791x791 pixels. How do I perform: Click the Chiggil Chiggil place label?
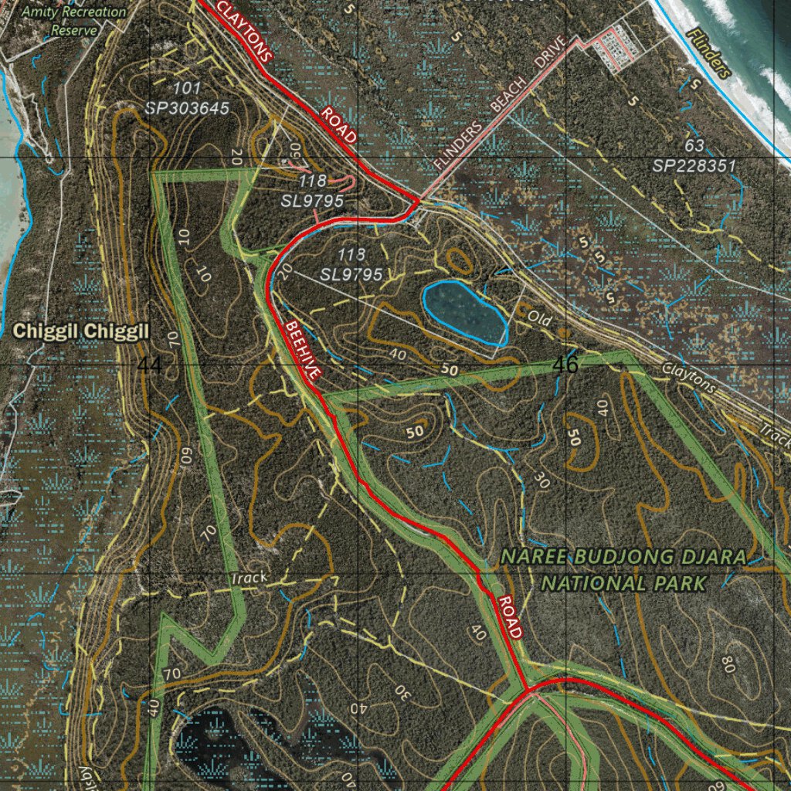(x=80, y=332)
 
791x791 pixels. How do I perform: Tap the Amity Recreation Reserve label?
(x=74, y=21)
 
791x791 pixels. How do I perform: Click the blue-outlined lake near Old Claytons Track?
(x=464, y=311)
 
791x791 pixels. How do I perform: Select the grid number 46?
(x=565, y=365)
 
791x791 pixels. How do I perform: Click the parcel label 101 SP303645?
(x=187, y=98)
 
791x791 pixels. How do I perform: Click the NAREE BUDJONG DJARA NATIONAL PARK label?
(x=624, y=569)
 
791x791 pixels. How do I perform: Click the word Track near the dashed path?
(x=249, y=578)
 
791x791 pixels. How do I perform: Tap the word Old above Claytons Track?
(x=538, y=317)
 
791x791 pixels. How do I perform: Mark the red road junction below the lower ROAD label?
(x=528, y=688)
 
